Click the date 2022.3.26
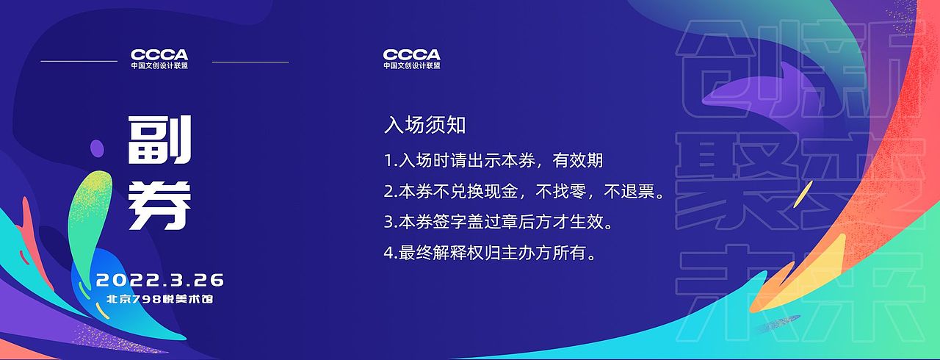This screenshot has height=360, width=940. (x=160, y=280)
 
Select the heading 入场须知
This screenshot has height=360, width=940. (x=424, y=125)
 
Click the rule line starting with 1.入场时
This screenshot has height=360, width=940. (x=493, y=160)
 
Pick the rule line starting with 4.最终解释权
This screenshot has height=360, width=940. (x=489, y=253)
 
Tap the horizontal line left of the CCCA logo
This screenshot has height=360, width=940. (x=79, y=61)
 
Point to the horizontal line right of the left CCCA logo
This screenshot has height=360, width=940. (x=250, y=62)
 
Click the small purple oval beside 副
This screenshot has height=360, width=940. (x=97, y=149)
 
